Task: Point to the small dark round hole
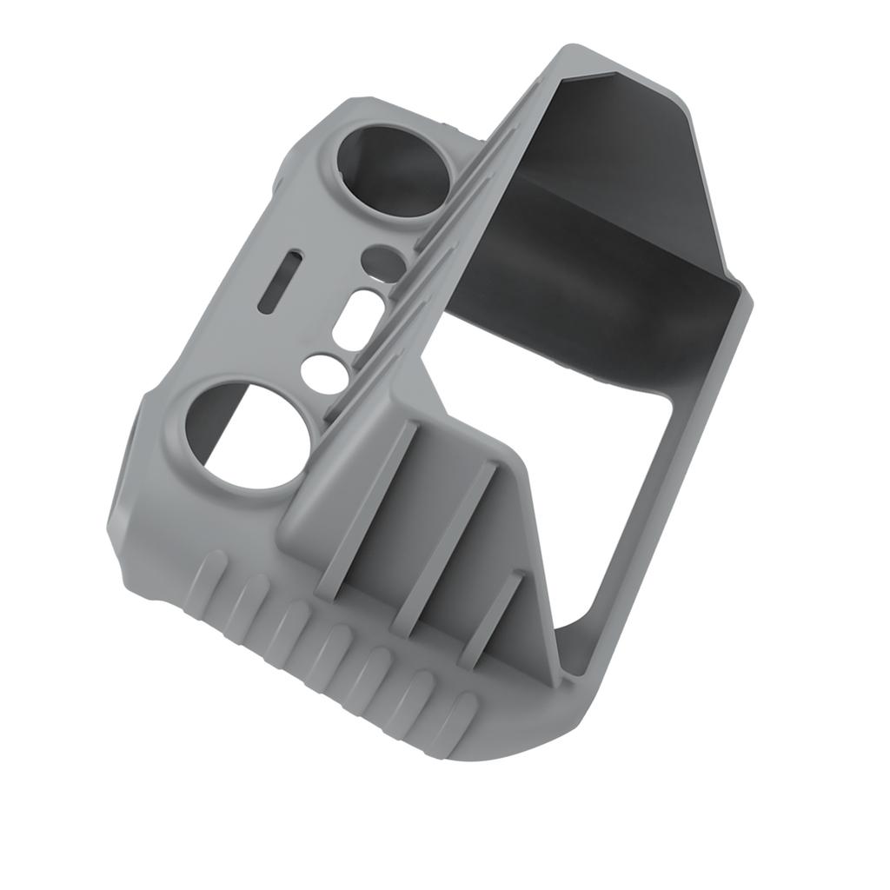pyautogui.click(x=382, y=258)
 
